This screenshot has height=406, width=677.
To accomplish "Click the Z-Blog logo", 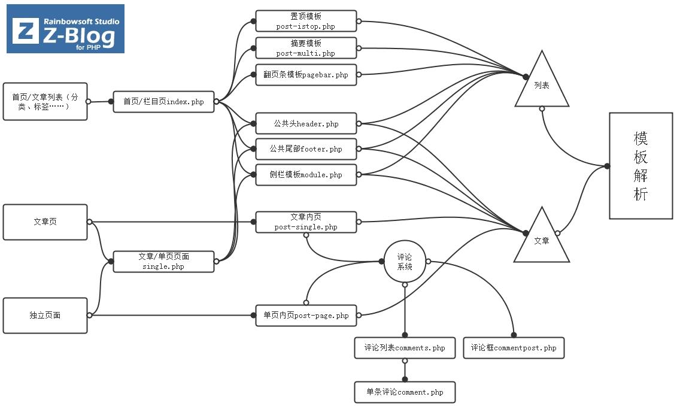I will [x=65, y=29].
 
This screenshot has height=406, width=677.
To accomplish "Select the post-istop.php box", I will [x=306, y=21].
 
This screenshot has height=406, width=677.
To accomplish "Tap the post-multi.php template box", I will [x=306, y=48].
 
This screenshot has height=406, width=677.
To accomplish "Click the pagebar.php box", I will [x=306, y=75].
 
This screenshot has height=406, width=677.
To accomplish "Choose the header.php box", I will [x=306, y=124].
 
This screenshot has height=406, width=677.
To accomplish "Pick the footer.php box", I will [x=306, y=149].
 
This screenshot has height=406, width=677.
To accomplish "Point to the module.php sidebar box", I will [x=306, y=175].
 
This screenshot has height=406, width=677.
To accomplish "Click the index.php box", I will [x=163, y=101].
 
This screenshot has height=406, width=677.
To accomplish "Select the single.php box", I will [x=163, y=262].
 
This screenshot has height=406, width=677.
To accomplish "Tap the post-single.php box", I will [x=306, y=222].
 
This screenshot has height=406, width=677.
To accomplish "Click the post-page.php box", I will [x=306, y=315].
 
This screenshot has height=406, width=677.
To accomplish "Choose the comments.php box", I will [x=405, y=348].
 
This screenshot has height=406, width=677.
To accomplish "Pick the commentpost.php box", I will [x=513, y=348].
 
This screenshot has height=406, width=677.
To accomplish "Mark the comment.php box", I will [x=405, y=392].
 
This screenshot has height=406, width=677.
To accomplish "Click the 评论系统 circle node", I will [x=405, y=262].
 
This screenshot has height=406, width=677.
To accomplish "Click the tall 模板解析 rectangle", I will [x=640, y=166].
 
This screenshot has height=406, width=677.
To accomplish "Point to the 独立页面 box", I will [x=45, y=315].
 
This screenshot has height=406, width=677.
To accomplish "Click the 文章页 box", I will [x=45, y=222].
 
